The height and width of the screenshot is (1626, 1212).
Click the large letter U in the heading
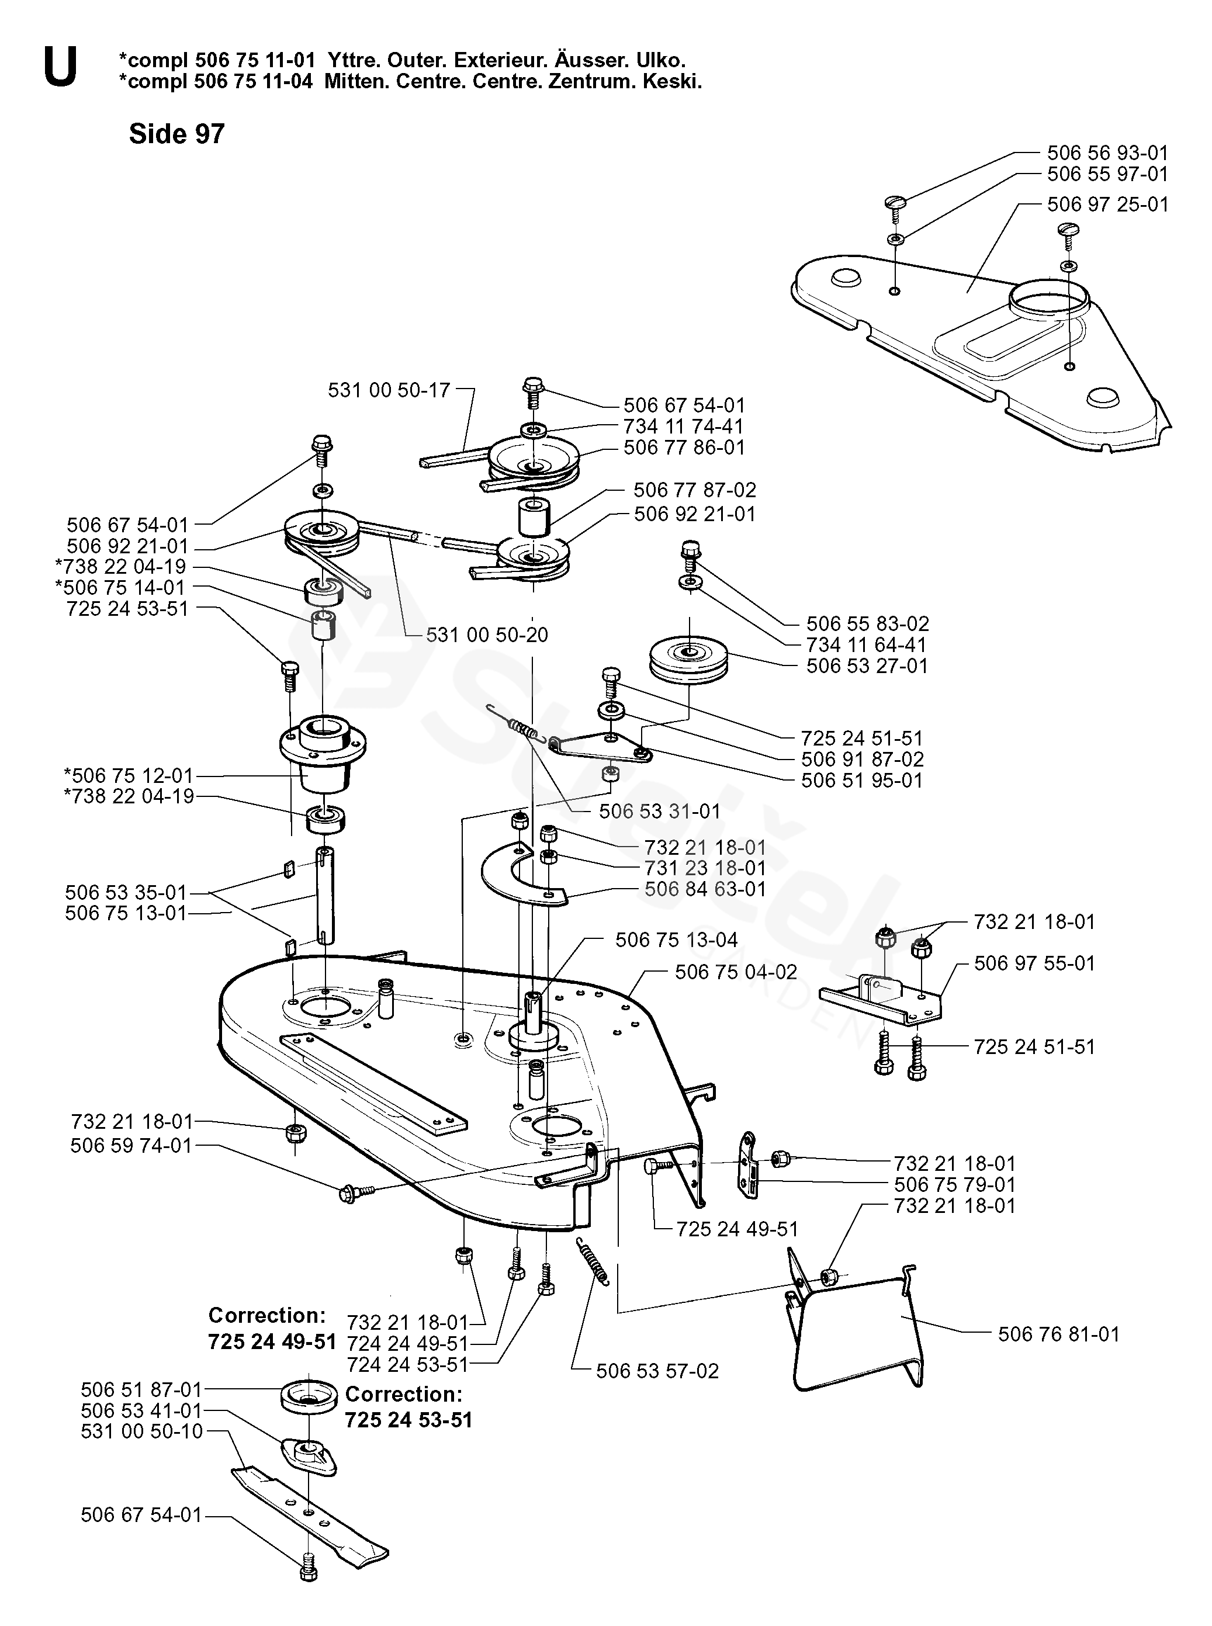point(60,68)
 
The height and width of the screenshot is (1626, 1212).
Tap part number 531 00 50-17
point(389,390)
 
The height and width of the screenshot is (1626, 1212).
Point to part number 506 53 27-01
point(867,666)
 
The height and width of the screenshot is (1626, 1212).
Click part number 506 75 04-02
point(736,973)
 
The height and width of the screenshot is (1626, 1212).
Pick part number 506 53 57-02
point(657,1371)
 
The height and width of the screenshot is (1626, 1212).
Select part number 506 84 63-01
point(705,889)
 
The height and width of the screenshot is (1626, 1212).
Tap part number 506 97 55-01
point(1034,963)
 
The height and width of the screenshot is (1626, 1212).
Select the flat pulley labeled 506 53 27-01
point(690,660)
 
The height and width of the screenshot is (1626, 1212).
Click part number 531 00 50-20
point(487,635)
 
